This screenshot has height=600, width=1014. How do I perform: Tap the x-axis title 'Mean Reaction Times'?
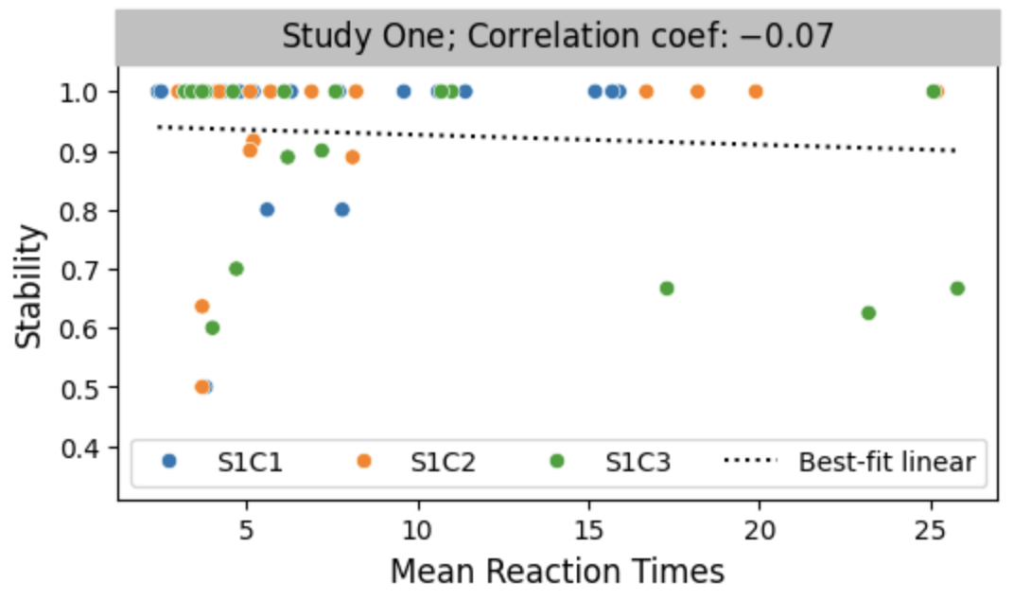(x=557, y=571)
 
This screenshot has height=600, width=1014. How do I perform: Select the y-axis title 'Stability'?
(x=32, y=286)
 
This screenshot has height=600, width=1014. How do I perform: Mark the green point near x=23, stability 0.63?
(x=868, y=313)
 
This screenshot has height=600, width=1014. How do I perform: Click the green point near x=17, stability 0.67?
(x=667, y=289)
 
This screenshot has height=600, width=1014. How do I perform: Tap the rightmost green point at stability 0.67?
(x=957, y=289)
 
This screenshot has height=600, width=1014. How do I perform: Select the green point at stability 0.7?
(x=236, y=269)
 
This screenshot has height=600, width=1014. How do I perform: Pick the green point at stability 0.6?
(x=213, y=328)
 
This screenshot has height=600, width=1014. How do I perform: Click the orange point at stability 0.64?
(x=201, y=307)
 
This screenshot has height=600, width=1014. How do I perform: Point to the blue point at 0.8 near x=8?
(x=342, y=210)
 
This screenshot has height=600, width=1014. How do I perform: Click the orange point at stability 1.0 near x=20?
(x=756, y=92)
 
